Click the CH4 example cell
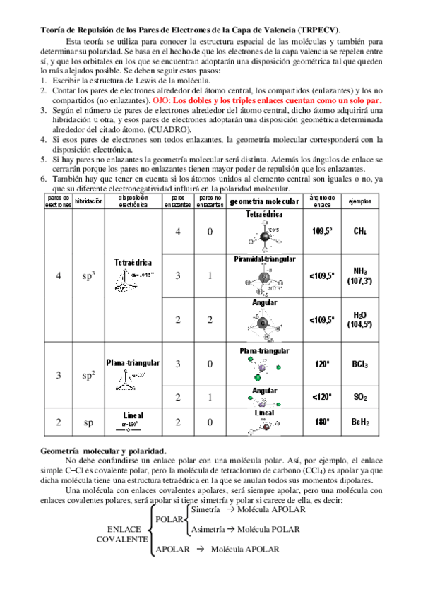pyautogui.click(x=359, y=231)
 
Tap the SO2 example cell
pyautogui.click(x=359, y=397)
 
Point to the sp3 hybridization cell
pyautogui.click(x=88, y=275)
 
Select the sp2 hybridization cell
pyautogui.click(x=88, y=375)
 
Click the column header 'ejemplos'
pyautogui.click(x=359, y=201)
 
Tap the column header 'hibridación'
pyautogui.click(x=88, y=201)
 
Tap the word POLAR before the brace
pyautogui.click(x=169, y=519)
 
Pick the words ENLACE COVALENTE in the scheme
pyautogui.click(x=123, y=533)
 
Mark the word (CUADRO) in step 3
pyautogui.click(x=169, y=131)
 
